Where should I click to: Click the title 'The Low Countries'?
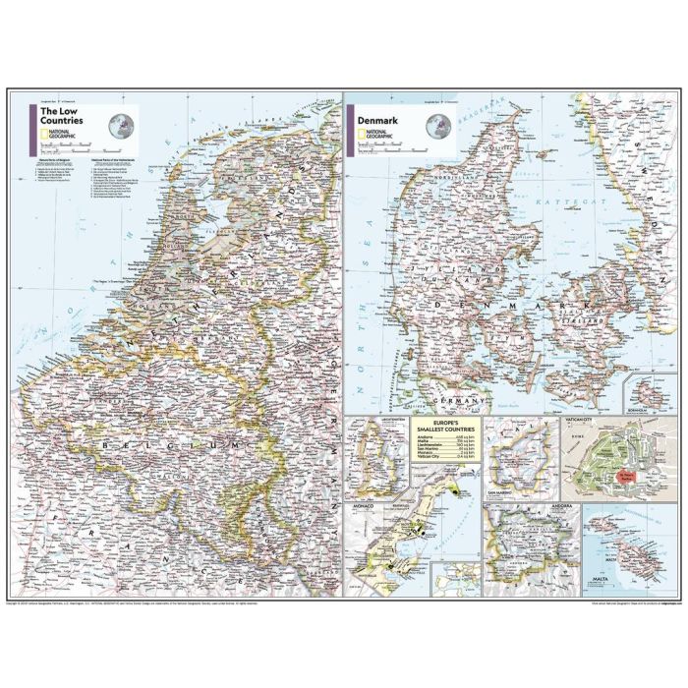point(61,116)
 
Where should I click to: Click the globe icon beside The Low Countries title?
point(123,125)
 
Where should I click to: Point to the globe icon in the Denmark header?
point(440,126)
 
